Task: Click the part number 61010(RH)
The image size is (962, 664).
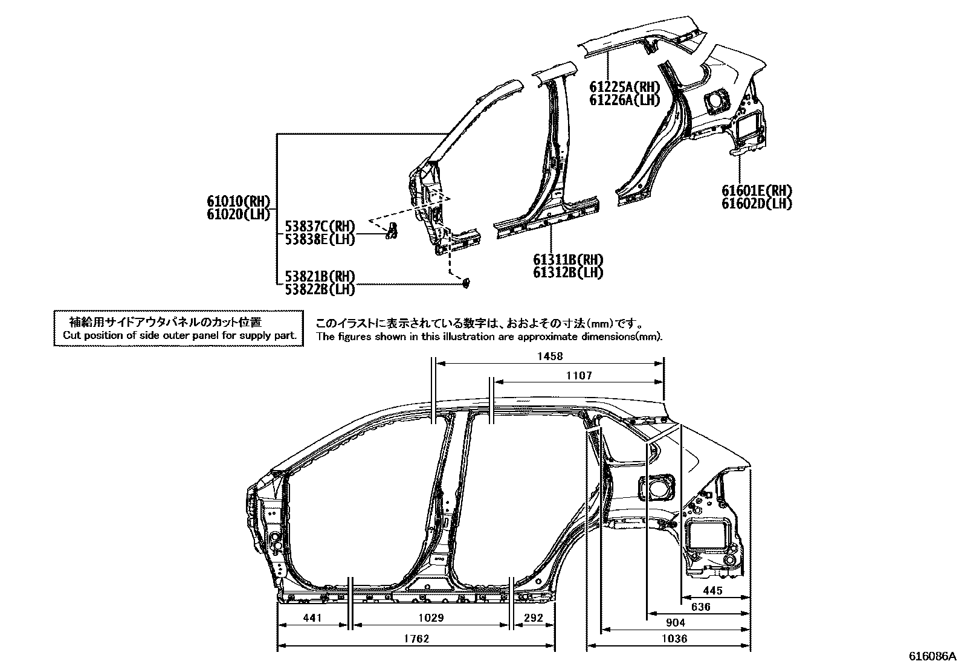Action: point(239,201)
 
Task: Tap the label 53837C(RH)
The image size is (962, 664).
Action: point(320,227)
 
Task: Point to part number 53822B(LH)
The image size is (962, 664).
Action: point(320,289)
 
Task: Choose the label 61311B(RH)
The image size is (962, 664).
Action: point(568,260)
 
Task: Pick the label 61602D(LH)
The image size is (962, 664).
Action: point(757,204)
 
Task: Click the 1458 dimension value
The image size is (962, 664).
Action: point(550,356)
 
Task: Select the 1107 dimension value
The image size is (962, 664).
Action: point(579,376)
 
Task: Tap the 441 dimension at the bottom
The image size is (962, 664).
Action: point(312,618)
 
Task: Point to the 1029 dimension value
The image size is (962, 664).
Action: point(431,618)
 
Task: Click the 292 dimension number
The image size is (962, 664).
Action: point(534,618)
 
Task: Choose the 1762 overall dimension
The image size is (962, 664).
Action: point(416,639)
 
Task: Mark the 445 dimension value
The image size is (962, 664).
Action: point(712,590)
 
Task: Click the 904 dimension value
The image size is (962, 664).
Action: point(676,623)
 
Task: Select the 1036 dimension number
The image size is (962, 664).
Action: point(674,639)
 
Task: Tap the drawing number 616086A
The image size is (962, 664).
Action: point(934,656)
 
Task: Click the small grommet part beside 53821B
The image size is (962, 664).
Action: point(466,283)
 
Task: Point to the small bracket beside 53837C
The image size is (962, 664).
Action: point(393,230)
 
